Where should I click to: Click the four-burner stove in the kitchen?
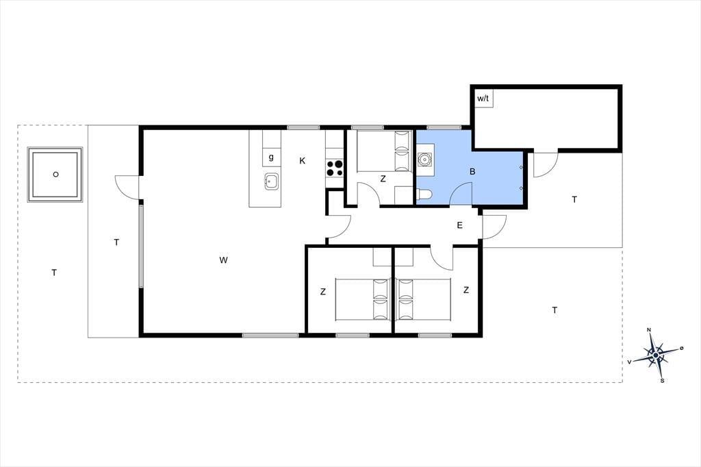334,168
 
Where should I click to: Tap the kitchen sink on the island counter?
271,181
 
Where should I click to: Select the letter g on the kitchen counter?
271,157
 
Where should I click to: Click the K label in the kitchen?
302,161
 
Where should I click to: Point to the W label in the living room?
224,260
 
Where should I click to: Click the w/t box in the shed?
483,99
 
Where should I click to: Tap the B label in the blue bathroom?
472,171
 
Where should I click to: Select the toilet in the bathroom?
424,194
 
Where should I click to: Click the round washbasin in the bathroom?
424,159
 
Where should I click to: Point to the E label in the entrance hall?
459,225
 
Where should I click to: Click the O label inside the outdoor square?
55,175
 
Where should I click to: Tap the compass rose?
655,355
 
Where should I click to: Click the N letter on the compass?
649,330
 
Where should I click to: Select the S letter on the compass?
662,381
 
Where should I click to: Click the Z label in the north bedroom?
383,179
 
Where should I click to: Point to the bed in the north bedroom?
383,151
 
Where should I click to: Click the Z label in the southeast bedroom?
466,290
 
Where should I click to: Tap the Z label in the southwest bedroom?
323,292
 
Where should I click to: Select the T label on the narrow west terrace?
116,242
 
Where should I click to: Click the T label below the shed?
574,199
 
